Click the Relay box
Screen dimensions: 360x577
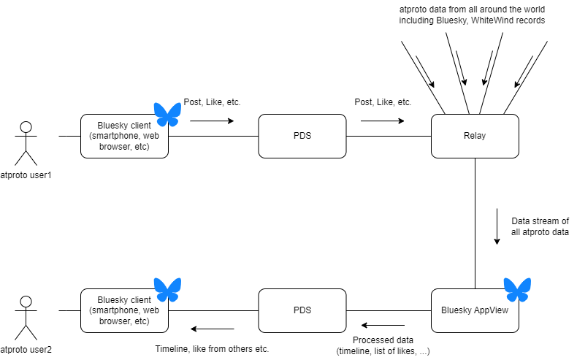click(x=475, y=136)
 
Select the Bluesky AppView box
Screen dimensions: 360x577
click(x=475, y=310)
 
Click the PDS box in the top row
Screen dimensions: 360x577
click(x=302, y=136)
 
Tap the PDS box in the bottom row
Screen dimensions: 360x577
click(x=302, y=310)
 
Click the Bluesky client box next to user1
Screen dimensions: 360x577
click(x=124, y=136)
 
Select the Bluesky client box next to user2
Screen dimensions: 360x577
click(x=124, y=310)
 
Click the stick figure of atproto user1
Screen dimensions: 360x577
click(x=26, y=142)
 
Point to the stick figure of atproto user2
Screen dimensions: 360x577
click(x=26, y=315)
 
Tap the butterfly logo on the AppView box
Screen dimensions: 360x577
click(x=518, y=290)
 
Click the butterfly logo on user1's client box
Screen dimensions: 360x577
click(x=167, y=115)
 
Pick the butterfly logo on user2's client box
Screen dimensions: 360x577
click(x=167, y=290)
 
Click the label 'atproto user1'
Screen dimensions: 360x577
click(x=26, y=175)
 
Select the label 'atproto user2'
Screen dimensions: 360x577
click(x=26, y=349)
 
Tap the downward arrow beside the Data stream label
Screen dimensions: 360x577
click(x=497, y=227)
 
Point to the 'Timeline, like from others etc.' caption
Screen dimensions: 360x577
click(x=212, y=349)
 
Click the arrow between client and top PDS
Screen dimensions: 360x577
click(x=212, y=120)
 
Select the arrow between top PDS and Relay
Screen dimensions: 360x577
click(x=382, y=120)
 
